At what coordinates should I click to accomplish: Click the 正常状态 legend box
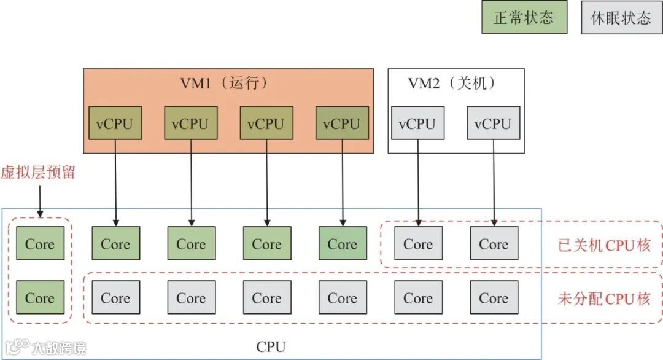pyautogui.click(x=524, y=17)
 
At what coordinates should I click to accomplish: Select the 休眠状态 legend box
pyautogui.click(x=621, y=17)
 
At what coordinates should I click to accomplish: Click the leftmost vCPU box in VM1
pyautogui.click(x=115, y=123)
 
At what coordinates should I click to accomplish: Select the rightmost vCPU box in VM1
pyautogui.click(x=342, y=123)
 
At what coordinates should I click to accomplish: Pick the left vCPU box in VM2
pyautogui.click(x=417, y=123)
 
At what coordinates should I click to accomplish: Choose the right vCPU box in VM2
pyautogui.click(x=493, y=123)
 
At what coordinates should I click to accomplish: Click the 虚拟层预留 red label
pyautogui.click(x=38, y=172)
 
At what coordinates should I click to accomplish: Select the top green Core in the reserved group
pyautogui.click(x=40, y=243)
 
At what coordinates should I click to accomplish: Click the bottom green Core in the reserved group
pyautogui.click(x=40, y=298)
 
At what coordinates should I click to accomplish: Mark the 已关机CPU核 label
pyautogui.click(x=603, y=245)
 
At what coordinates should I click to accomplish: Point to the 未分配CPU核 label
pyautogui.click(x=603, y=299)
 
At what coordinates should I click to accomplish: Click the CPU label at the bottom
pyautogui.click(x=271, y=346)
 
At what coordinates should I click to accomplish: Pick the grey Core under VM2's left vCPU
pyautogui.click(x=418, y=243)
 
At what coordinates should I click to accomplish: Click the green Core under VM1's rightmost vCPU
pyautogui.click(x=343, y=243)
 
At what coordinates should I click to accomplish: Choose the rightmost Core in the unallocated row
pyautogui.click(x=494, y=298)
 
